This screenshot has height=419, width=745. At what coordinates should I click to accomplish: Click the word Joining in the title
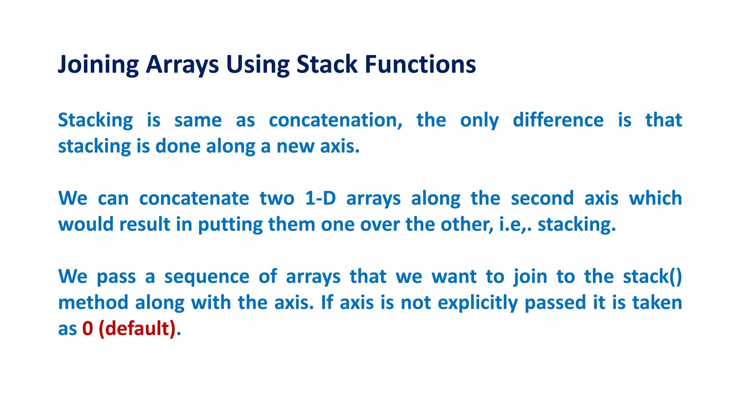pyautogui.click(x=98, y=65)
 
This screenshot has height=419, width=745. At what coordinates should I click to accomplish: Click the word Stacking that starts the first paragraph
pyautogui.click(x=96, y=121)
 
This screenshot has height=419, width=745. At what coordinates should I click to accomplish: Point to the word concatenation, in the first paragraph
pyautogui.click(x=335, y=120)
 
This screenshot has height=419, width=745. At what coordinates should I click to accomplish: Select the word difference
pyautogui.click(x=558, y=120)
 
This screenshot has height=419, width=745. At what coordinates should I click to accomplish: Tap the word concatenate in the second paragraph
pyautogui.click(x=194, y=199)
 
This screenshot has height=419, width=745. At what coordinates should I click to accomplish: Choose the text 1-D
pyautogui.click(x=320, y=199)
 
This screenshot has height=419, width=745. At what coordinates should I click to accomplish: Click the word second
pyautogui.click(x=542, y=199)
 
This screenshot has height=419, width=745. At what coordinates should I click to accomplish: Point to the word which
pyautogui.click(x=656, y=199)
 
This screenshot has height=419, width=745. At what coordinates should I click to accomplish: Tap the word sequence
pyautogui.click(x=207, y=277)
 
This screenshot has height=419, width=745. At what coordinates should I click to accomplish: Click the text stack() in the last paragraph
pyautogui.click(x=652, y=276)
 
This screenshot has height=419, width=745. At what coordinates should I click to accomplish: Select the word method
pyautogui.click(x=93, y=303)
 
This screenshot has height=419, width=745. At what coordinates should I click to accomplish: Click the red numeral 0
pyautogui.click(x=88, y=329)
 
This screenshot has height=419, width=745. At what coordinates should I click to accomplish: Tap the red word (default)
pyautogui.click(x=137, y=329)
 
